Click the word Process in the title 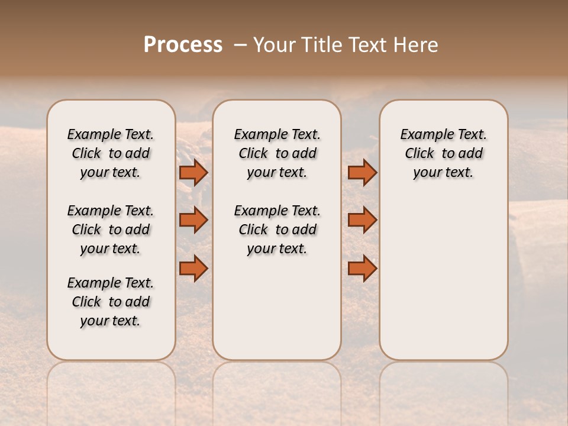click(x=183, y=45)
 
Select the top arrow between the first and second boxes click(x=193, y=173)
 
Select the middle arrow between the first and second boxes click(x=193, y=220)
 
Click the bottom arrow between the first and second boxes click(x=193, y=268)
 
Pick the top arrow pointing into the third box click(x=362, y=173)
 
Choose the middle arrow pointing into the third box click(x=362, y=220)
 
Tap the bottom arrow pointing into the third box click(x=362, y=268)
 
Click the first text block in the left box click(x=111, y=153)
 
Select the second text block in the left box click(x=111, y=230)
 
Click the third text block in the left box click(x=111, y=302)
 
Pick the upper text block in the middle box click(x=277, y=153)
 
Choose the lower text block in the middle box click(x=277, y=230)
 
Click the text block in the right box click(x=444, y=153)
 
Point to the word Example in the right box click(x=423, y=135)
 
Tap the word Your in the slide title click(x=275, y=45)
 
